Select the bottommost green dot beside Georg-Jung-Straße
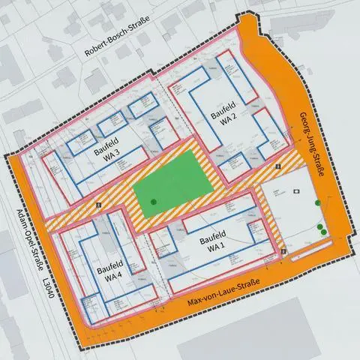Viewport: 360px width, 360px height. click(323, 232)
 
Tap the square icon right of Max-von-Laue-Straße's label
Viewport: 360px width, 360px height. click(283, 252)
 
